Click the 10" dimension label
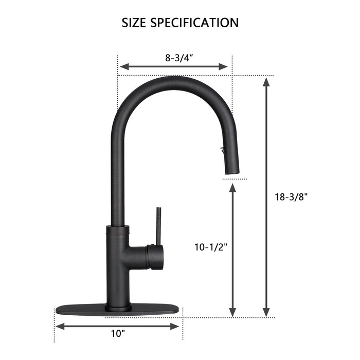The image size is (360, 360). click(x=118, y=334)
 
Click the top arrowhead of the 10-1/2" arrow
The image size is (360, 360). click(x=232, y=189)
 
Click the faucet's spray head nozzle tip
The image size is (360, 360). click(x=233, y=174)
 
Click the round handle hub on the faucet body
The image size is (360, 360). click(x=155, y=256)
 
